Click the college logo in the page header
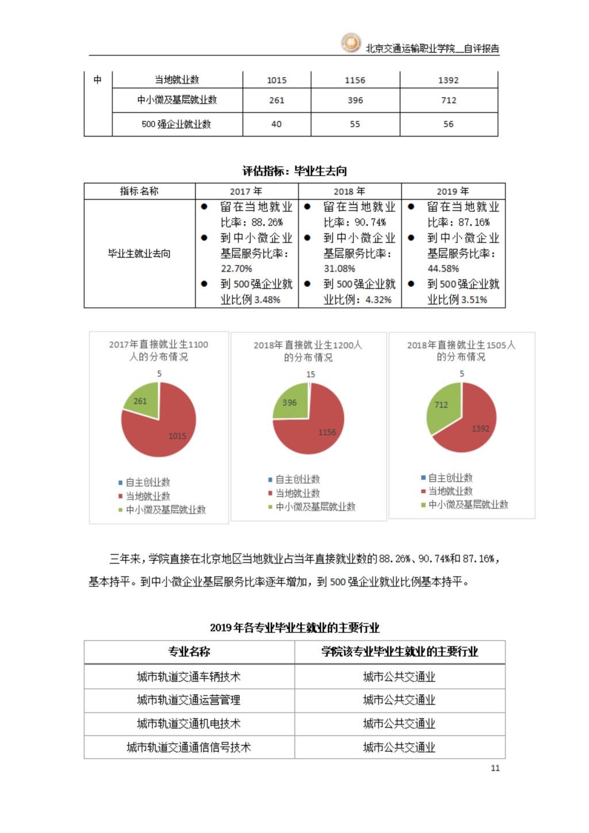click(350, 43)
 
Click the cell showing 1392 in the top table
click(448, 80)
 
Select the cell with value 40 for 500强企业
click(276, 124)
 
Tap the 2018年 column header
click(349, 191)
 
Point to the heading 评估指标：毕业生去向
click(294, 171)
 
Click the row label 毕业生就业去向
click(139, 253)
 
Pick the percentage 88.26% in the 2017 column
click(267, 222)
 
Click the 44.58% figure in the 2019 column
click(443, 268)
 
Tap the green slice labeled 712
click(441, 405)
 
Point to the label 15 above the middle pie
click(311, 374)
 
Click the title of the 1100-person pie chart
click(159, 350)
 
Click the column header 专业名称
click(189, 652)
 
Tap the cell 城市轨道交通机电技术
click(189, 724)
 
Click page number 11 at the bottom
click(495, 768)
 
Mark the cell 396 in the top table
click(355, 100)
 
